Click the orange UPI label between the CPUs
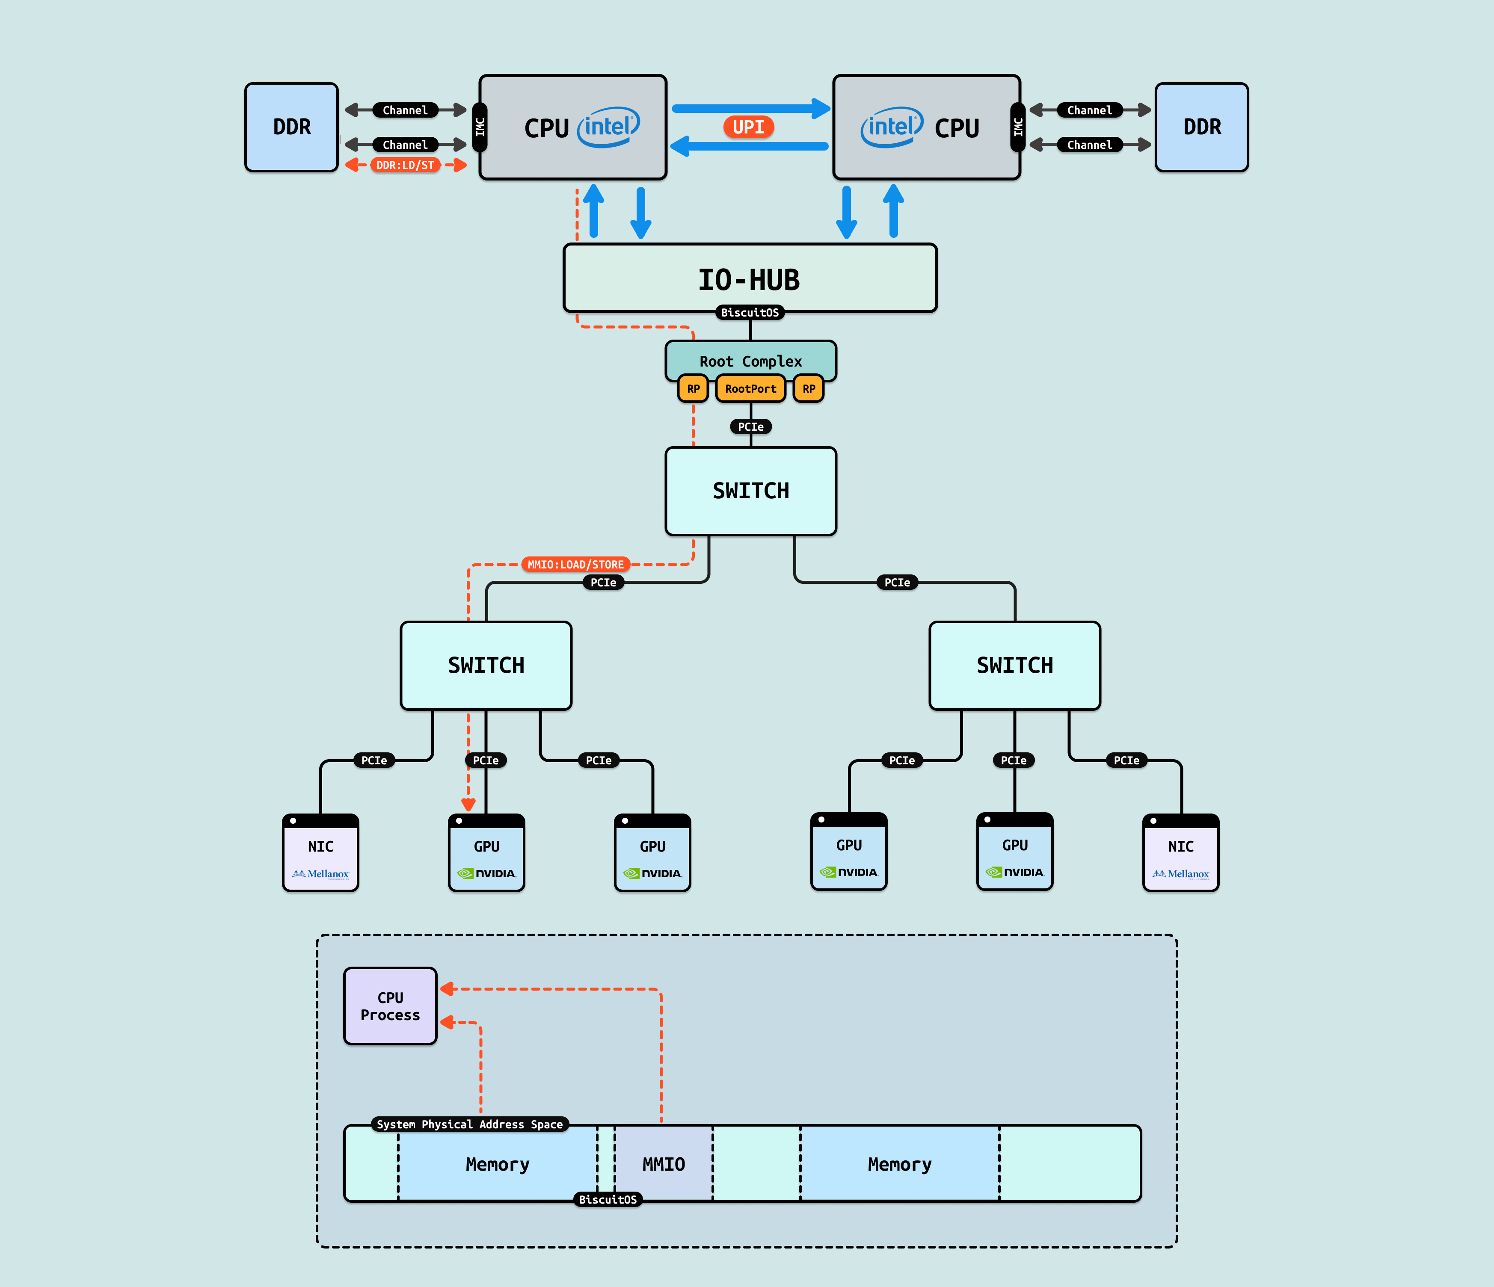pos(748,127)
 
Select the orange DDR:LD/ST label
pos(405,165)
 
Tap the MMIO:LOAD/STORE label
pos(575,565)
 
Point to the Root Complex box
pos(750,361)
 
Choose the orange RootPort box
pos(750,389)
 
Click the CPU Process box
pos(390,1006)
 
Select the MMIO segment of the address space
pos(664,1164)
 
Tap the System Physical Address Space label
pos(469,1124)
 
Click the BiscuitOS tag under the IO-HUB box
pos(750,312)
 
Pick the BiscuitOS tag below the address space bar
pos(608,1199)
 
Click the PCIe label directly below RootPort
pos(750,427)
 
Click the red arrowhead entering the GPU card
pos(468,805)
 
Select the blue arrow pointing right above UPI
pos(750,108)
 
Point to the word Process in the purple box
pos(390,1015)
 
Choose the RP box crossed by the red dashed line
pos(693,389)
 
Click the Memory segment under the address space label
pos(498,1164)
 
